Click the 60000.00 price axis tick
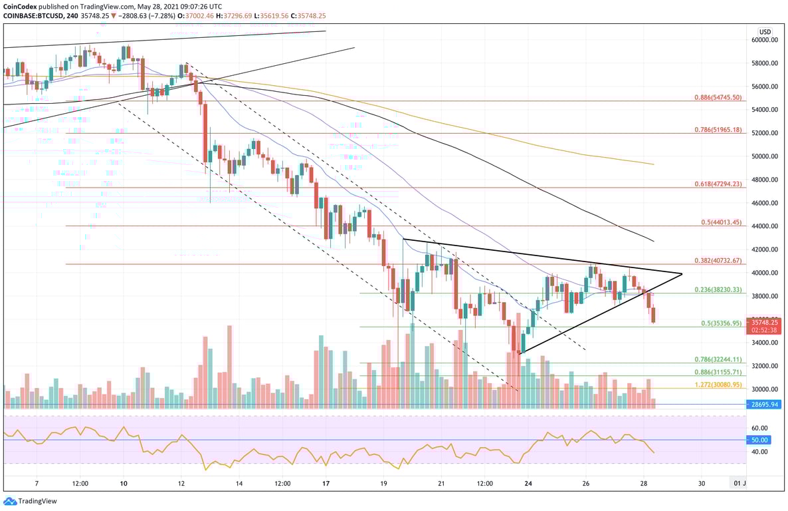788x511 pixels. [765, 40]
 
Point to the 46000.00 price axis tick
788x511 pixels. [765, 203]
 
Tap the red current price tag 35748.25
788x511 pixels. [764, 321]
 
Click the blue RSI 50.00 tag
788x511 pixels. [759, 440]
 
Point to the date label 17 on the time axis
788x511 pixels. [326, 484]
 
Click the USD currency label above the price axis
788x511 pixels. [765, 31]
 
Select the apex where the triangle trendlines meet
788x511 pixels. [682, 273]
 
